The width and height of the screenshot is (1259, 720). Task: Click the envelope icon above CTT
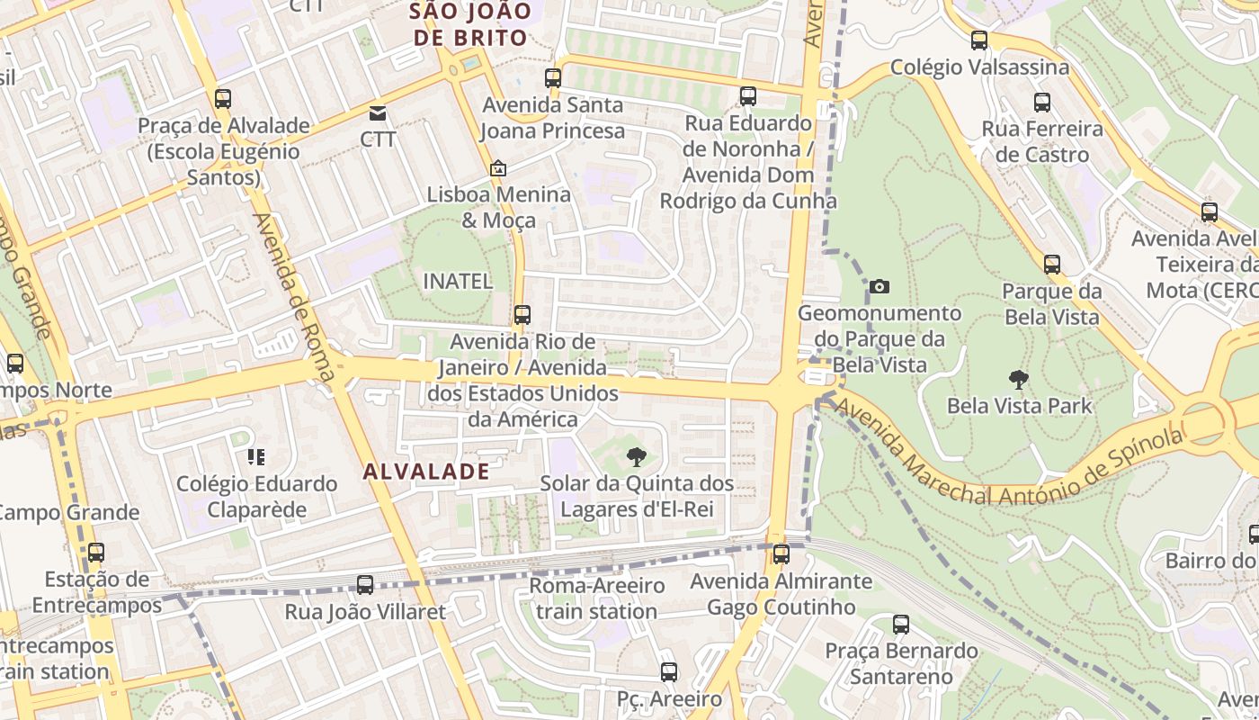tap(378, 113)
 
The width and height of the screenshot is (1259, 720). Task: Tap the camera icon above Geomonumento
tap(880, 287)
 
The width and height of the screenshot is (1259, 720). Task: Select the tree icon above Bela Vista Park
tap(1019, 380)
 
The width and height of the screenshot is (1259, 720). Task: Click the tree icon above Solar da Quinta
tap(637, 456)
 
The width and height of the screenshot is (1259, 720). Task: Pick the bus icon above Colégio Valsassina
tap(979, 40)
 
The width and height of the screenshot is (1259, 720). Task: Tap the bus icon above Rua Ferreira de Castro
tap(1042, 103)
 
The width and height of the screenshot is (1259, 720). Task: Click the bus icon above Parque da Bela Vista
tap(1052, 265)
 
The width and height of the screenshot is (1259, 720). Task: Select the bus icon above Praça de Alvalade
tap(223, 99)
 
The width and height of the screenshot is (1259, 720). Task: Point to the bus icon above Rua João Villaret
tap(365, 585)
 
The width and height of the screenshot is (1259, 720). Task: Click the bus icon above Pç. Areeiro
tap(668, 671)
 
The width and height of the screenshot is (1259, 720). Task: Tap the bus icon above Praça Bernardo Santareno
tap(901, 625)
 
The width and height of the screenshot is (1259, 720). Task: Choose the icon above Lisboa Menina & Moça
tap(497, 168)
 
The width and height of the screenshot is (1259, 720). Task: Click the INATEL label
tap(458, 282)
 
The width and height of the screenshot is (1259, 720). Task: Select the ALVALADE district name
tap(427, 471)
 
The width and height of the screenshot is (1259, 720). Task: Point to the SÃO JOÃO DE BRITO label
tap(468, 25)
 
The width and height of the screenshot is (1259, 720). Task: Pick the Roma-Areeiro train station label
tap(596, 598)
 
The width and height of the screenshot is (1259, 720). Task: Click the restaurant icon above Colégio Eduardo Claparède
tap(257, 457)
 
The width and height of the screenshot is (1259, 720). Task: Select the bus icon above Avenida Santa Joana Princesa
tap(553, 78)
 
